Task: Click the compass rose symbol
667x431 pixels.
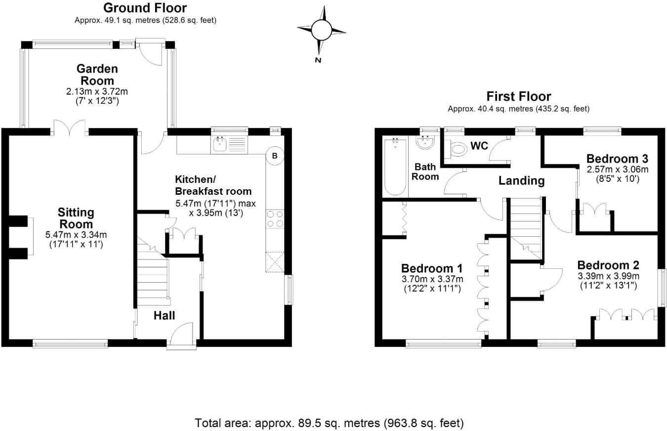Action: tap(321, 31)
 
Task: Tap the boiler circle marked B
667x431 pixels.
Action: tap(275, 156)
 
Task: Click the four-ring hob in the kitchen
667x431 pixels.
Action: tap(275, 218)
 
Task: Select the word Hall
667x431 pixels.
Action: tap(164, 315)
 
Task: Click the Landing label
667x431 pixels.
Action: tap(521, 181)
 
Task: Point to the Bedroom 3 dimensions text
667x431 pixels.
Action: tap(617, 174)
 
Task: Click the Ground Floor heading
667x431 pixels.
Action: tap(145, 8)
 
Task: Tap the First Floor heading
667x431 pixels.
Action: tap(518, 96)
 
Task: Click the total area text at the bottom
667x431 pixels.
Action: tap(330, 423)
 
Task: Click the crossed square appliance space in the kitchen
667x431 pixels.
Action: tap(275, 262)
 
